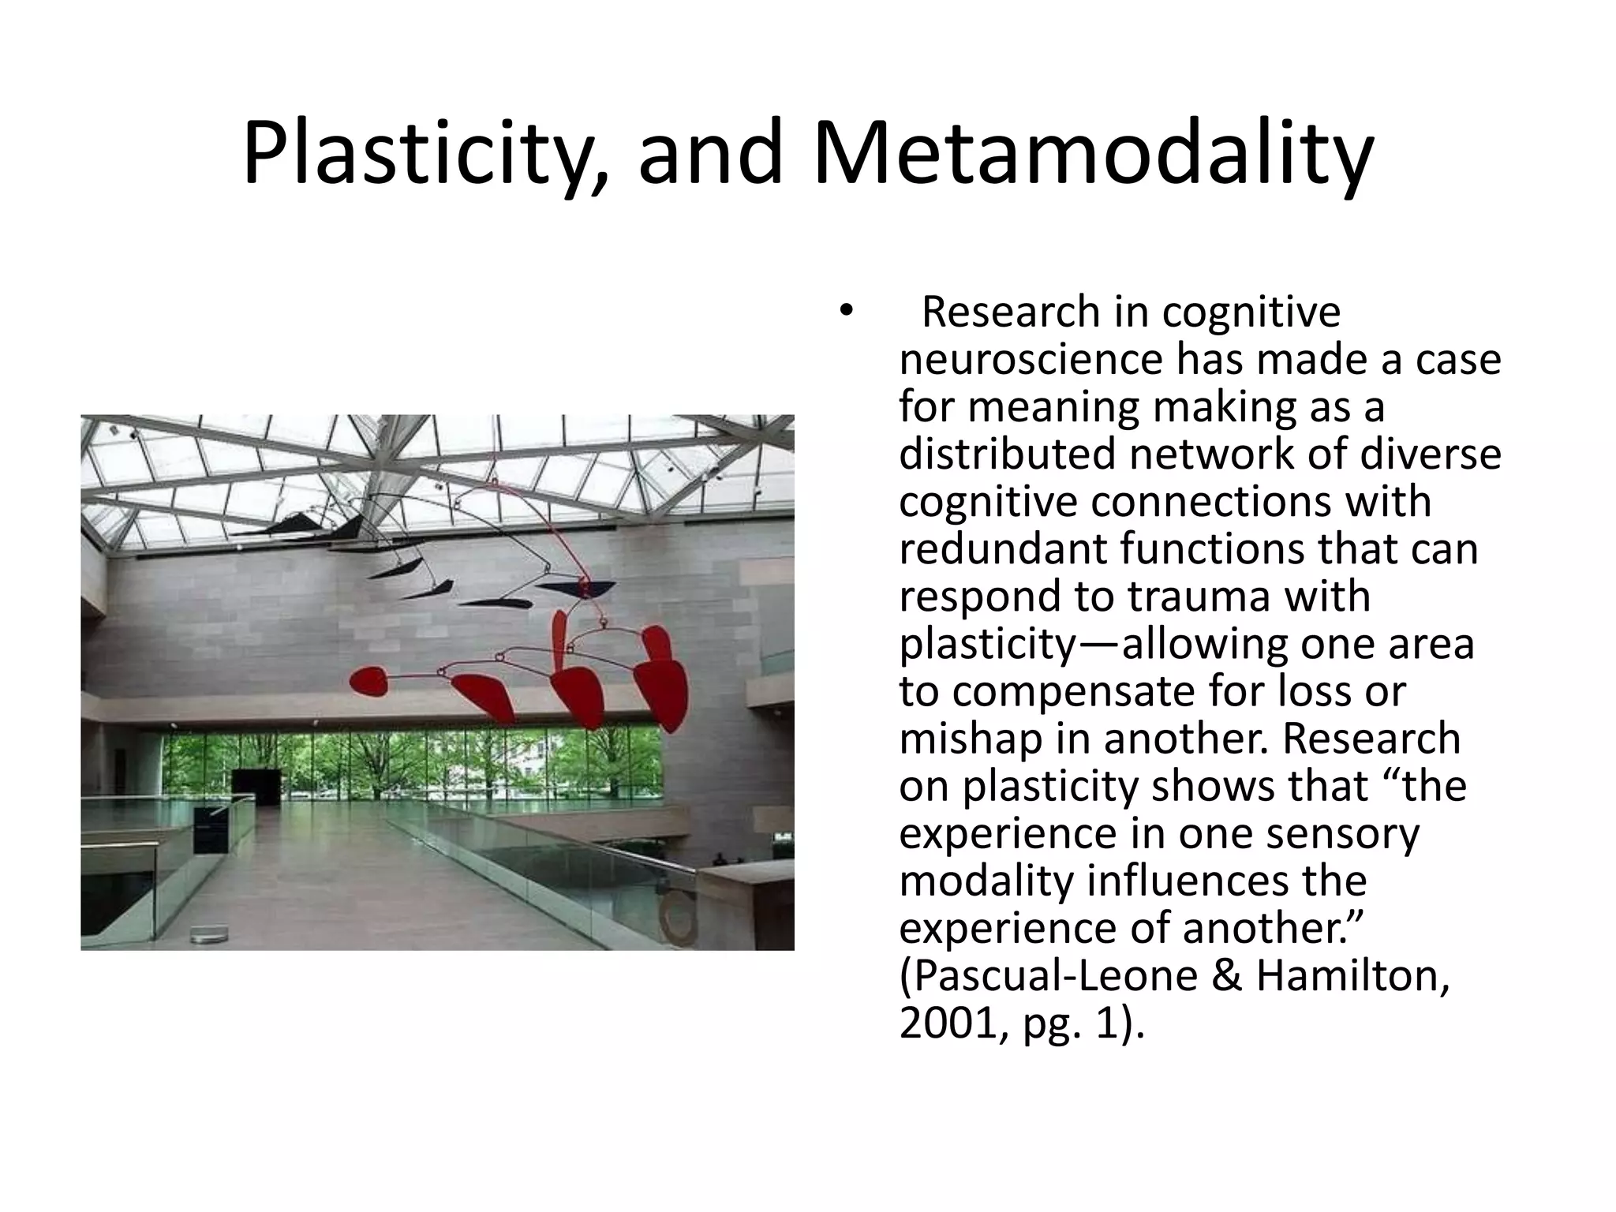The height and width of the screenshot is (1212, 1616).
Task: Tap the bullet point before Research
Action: (847, 311)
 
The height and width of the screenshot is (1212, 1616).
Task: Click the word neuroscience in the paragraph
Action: (1031, 360)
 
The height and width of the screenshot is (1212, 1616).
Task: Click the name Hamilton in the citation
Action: (1352, 975)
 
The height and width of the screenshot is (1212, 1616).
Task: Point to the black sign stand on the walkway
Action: (211, 831)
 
